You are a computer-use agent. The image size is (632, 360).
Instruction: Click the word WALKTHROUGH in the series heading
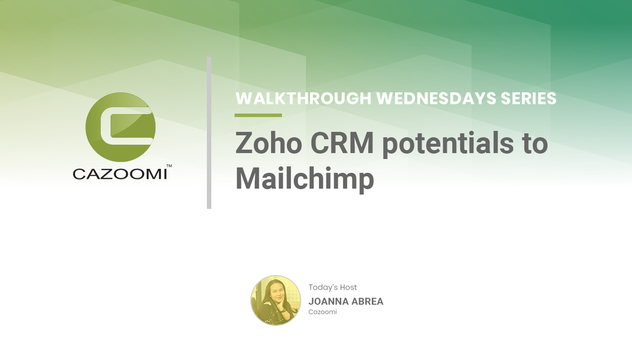(303, 98)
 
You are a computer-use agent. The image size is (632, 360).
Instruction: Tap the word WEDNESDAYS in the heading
(436, 98)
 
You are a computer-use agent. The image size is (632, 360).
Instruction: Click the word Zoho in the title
(268, 143)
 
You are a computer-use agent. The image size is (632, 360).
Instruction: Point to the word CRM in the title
(342, 143)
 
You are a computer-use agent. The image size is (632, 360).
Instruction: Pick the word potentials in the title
(448, 145)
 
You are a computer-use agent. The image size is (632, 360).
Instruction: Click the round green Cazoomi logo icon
(120, 127)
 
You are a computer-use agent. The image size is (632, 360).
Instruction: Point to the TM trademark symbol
(169, 166)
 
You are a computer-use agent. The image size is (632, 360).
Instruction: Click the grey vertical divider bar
(209, 133)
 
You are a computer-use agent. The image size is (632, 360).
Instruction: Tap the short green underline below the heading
(258, 115)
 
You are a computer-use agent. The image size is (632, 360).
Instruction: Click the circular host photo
(276, 300)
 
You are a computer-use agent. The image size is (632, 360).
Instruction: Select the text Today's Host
(333, 287)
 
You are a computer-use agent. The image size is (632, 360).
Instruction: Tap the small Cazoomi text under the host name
(322, 312)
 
